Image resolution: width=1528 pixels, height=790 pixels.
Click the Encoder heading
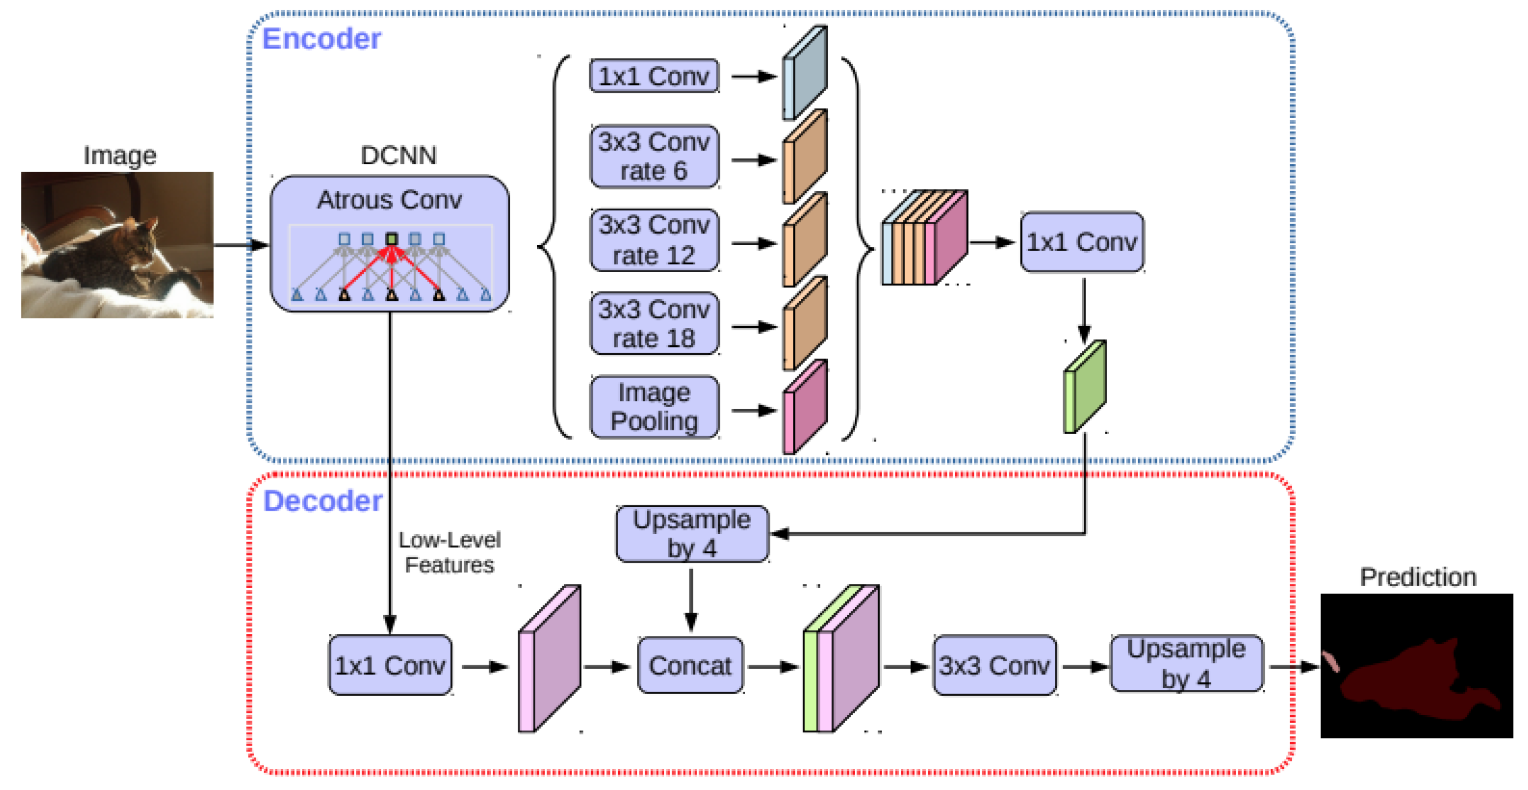click(321, 39)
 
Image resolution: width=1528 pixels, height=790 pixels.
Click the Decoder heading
click(323, 501)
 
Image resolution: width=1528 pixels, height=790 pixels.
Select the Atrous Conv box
click(390, 243)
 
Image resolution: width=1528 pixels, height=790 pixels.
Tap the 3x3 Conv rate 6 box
click(654, 156)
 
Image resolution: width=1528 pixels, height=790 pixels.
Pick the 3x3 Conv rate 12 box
click(654, 240)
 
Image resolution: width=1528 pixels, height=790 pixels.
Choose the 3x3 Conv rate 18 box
click(654, 324)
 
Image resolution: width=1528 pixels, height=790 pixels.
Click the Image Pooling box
click(654, 407)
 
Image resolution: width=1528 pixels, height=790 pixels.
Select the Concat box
click(690, 666)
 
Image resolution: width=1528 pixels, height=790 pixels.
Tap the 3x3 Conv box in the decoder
click(994, 666)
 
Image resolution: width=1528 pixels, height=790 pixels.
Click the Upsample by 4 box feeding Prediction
click(1186, 664)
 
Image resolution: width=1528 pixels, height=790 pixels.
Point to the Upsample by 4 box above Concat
click(692, 534)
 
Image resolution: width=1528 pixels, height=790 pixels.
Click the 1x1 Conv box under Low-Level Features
click(390, 666)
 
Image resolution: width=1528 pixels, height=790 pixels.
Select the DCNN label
click(398, 156)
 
